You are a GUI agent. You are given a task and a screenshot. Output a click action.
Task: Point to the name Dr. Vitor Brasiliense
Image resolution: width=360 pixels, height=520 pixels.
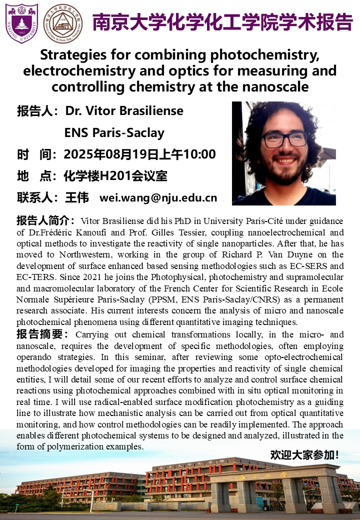pos(124,110)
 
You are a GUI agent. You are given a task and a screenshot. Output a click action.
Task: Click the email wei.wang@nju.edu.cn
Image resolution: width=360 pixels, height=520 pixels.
pos(158,197)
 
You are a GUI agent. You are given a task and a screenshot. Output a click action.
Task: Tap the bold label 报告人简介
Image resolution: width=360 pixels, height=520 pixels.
pos(45,221)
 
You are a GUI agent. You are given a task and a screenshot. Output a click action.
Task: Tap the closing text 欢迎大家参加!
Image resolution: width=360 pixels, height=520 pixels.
pos(305,455)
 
